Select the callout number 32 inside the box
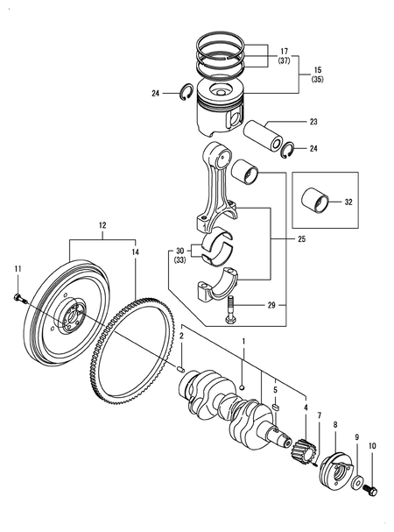(x=348, y=202)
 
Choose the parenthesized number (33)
(x=180, y=259)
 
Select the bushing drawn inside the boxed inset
(x=317, y=202)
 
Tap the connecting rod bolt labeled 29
(x=229, y=309)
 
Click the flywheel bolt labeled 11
(x=19, y=299)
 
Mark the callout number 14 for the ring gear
(x=135, y=252)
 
